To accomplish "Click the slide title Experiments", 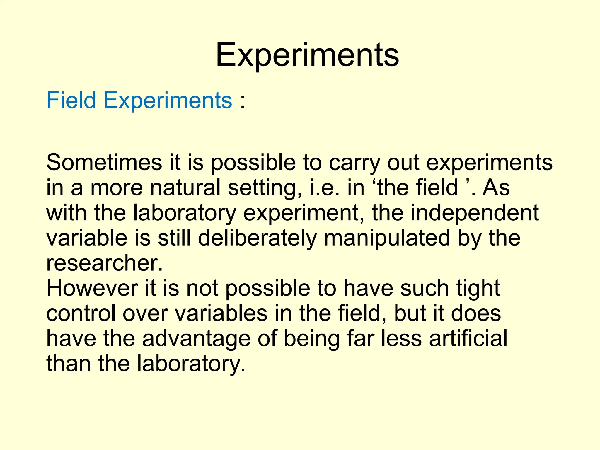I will pos(307,55).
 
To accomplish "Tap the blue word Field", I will pos(71,100).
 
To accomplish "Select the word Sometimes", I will pos(104,163).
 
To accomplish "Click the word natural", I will pos(185,188).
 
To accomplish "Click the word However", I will pos(92,289).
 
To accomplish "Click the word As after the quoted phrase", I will pos(496,188).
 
